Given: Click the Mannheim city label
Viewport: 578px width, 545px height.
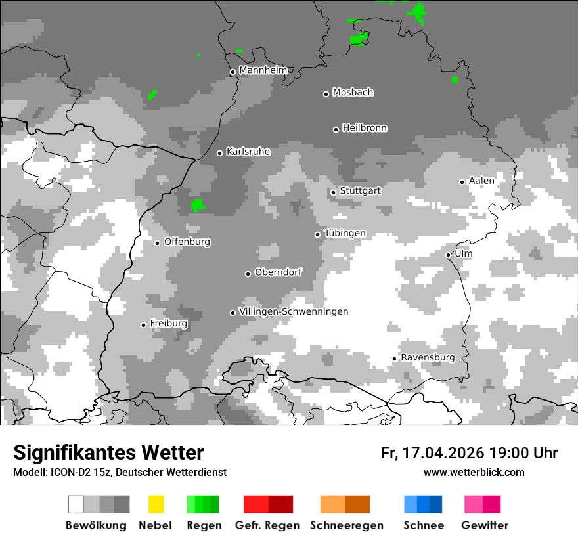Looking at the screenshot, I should coord(263,70).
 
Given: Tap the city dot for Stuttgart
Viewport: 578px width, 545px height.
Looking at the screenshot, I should coord(334,192).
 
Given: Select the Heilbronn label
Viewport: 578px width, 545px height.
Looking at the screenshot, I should coord(365,128).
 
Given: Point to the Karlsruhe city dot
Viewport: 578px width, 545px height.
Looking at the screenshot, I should coord(220,153).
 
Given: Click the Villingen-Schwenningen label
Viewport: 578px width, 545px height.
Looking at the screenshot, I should coord(294,311).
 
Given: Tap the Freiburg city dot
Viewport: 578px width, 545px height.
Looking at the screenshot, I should coord(143,325).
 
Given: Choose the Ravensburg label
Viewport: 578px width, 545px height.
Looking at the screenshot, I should coord(428,357).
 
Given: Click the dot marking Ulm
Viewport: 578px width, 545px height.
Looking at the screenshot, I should coord(448,255).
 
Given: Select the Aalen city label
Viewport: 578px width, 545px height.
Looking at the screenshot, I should coord(481,181).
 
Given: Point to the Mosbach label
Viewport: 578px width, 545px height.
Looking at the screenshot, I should coord(353,93).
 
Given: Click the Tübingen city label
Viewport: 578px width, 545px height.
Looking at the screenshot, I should coord(345,234).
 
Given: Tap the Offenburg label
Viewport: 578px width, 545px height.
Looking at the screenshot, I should coord(187,242).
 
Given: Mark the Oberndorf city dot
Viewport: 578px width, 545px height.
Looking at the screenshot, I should coord(248,274).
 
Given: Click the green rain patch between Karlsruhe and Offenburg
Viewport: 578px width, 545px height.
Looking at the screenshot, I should coord(198,206).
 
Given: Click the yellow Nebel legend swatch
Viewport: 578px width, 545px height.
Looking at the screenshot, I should coord(156,504).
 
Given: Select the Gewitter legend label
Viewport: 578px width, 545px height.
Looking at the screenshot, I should coord(485,525).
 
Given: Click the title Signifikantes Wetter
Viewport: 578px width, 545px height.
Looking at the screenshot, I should coord(108,452).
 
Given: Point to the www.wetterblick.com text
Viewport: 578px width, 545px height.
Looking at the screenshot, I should coord(474,473).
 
